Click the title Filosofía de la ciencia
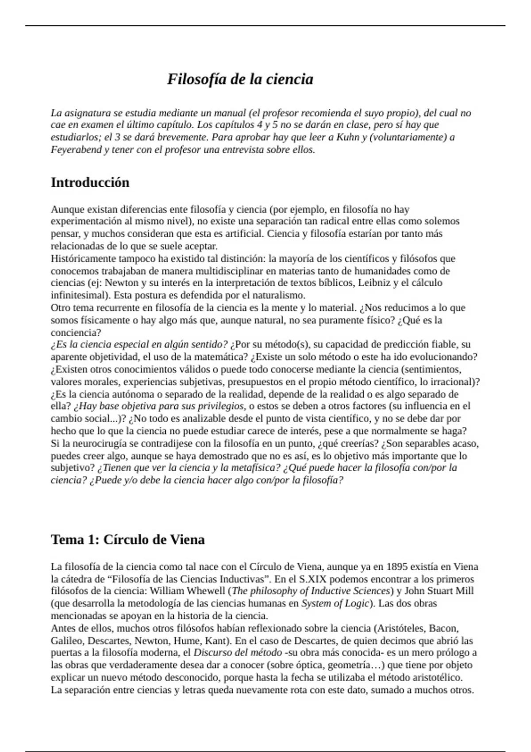coord(240,79)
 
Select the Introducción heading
coord(90,182)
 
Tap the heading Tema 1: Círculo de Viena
coord(127,540)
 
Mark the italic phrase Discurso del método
coord(238,652)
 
